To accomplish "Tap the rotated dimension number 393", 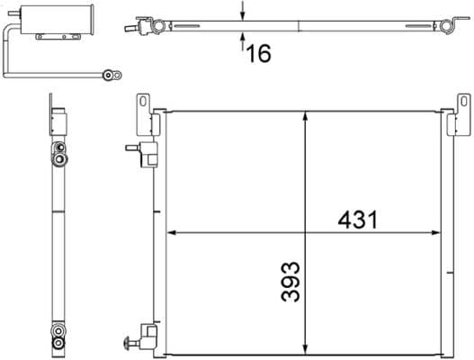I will pos(290,283).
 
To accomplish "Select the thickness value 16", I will pos(258,53).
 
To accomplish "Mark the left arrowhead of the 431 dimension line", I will pos(174,233).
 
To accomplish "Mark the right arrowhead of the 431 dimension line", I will pos(443,233).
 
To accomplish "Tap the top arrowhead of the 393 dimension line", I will pos(308,115).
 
